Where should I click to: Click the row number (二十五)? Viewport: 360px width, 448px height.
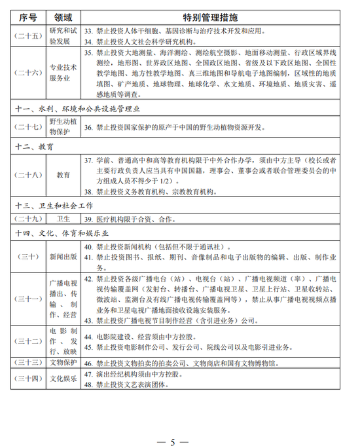tap(27, 35)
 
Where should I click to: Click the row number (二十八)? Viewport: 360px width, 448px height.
tap(27, 175)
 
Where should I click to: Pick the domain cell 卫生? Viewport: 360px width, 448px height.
tap(63, 219)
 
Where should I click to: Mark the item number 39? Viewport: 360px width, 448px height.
tap(90, 219)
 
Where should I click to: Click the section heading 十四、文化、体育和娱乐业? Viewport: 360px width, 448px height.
tap(65, 233)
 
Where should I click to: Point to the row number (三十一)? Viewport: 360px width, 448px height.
tap(27, 299)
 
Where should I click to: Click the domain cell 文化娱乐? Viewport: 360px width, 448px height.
tap(63, 379)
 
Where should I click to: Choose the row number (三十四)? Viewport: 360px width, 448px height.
tap(27, 379)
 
